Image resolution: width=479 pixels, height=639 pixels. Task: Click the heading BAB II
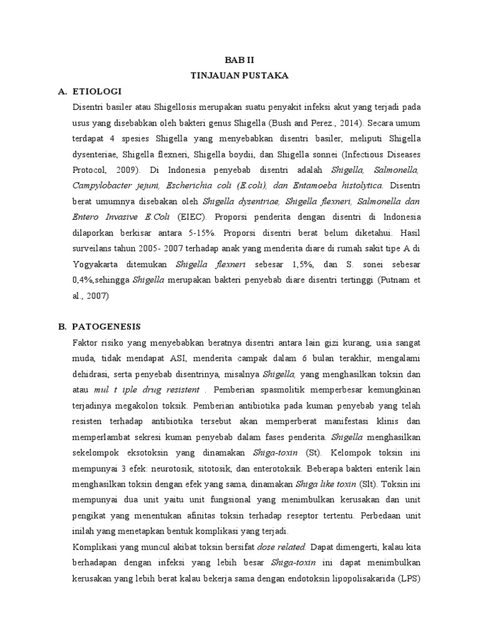(239, 59)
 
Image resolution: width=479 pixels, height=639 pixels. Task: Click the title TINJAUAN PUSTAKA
(239, 75)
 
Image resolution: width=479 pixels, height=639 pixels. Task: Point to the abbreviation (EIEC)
(194, 217)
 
